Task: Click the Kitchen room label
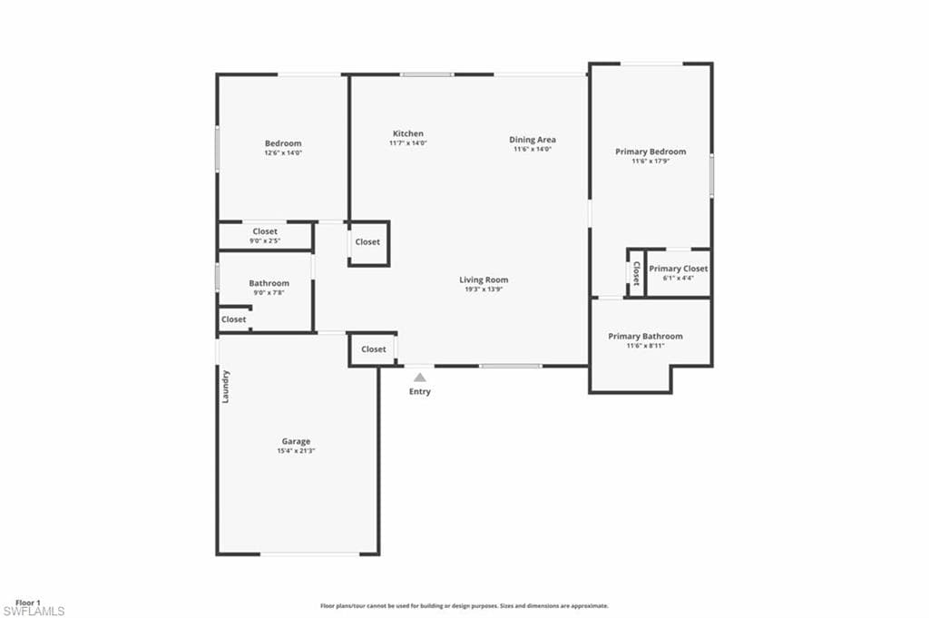(407, 133)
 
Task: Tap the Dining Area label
(533, 140)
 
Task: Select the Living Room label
(484, 280)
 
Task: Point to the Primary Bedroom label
(650, 152)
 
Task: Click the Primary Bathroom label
(645, 336)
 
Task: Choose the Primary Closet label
(678, 269)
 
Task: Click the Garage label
(296, 442)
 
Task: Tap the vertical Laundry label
(226, 386)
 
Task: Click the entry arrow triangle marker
(419, 377)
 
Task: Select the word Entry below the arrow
(420, 392)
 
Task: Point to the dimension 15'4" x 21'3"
(296, 451)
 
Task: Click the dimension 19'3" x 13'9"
(484, 289)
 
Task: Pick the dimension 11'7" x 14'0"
(407, 143)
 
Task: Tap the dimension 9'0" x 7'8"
(269, 292)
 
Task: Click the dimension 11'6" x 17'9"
(650, 162)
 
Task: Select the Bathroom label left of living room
(269, 283)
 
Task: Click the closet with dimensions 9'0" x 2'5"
(265, 236)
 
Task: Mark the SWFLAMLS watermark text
(34, 611)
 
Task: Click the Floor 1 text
(27, 602)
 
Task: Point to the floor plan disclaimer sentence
(464, 605)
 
